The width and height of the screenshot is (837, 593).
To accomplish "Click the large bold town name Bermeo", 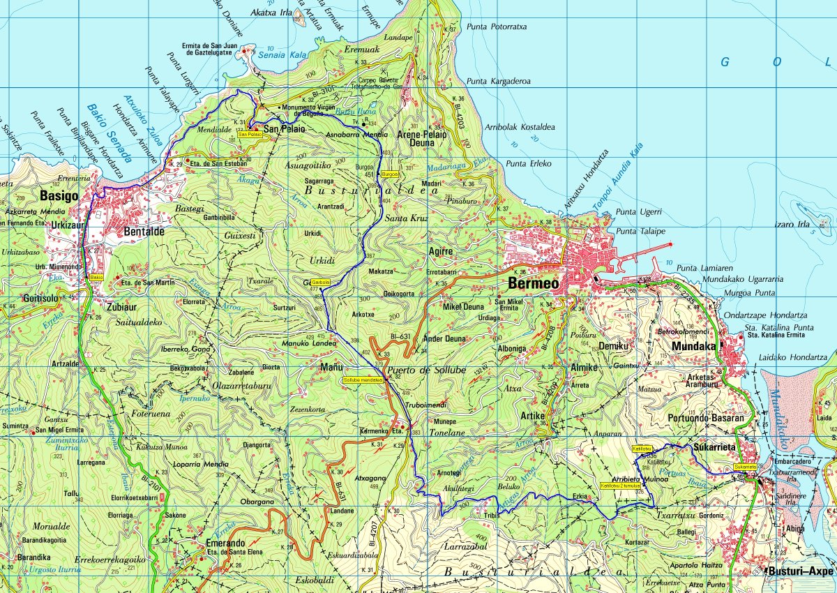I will click(534, 283).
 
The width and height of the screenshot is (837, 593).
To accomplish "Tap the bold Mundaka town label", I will click(693, 345).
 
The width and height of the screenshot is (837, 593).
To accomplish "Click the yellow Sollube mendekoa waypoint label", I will click(363, 380).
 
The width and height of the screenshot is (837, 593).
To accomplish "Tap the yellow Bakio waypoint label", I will click(96, 277).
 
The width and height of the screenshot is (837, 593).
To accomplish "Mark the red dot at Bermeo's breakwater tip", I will click(670, 244).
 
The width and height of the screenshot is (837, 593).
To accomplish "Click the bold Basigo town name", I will click(59, 196).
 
